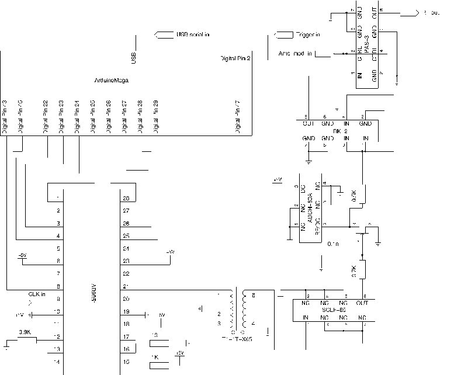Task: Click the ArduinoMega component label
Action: point(112,79)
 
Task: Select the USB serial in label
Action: point(193,34)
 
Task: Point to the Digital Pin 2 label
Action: point(235,58)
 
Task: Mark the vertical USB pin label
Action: point(134,57)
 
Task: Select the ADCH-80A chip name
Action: point(310,205)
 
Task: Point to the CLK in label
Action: point(36,294)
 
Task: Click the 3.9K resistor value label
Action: point(25,332)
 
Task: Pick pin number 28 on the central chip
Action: point(125,199)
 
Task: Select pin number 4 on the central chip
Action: point(57,236)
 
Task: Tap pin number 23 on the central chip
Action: point(125,261)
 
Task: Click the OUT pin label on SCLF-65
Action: point(363,303)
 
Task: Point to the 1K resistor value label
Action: point(155,356)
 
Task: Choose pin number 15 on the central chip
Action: point(125,362)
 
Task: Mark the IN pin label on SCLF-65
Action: point(306,317)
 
